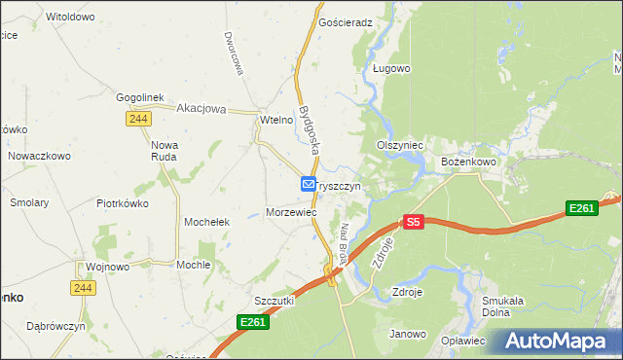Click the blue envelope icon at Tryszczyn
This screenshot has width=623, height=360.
point(308,184)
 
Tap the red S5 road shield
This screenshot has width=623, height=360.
point(414,222)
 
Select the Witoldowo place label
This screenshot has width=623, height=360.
point(70,18)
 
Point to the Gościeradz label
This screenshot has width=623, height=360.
point(346,21)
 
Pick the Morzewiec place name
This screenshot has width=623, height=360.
point(292,212)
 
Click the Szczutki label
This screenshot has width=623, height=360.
point(274,302)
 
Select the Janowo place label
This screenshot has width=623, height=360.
point(409,334)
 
